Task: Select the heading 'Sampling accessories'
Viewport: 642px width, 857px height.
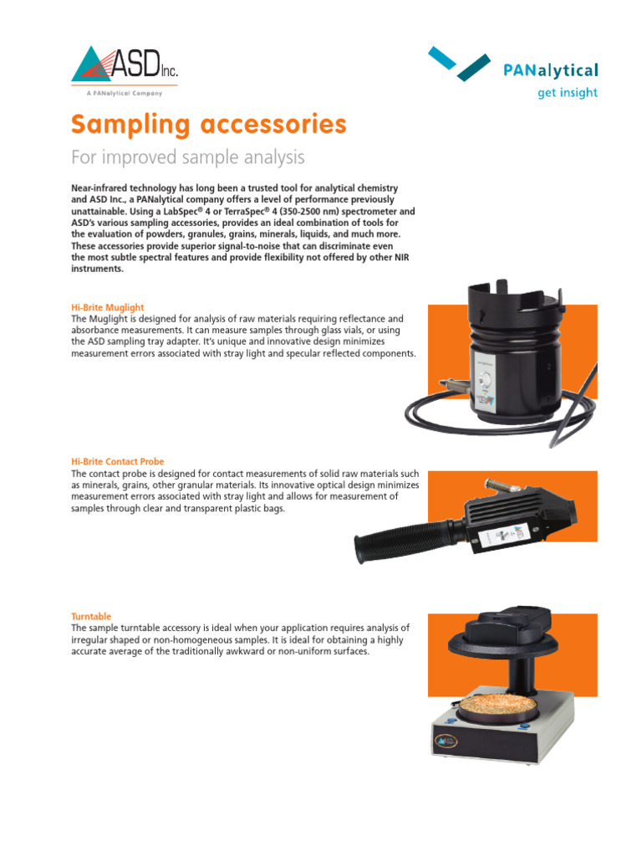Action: pyautogui.click(x=208, y=125)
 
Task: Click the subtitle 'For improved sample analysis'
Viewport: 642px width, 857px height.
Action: pyautogui.click(x=187, y=157)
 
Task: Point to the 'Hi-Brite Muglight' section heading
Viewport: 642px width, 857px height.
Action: pyautogui.click(x=108, y=308)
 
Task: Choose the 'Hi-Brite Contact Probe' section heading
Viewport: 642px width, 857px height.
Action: pyautogui.click(x=117, y=461)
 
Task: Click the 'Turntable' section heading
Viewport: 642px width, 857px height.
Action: pyautogui.click(x=91, y=616)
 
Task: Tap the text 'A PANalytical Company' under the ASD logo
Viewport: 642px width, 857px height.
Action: pyautogui.click(x=125, y=94)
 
